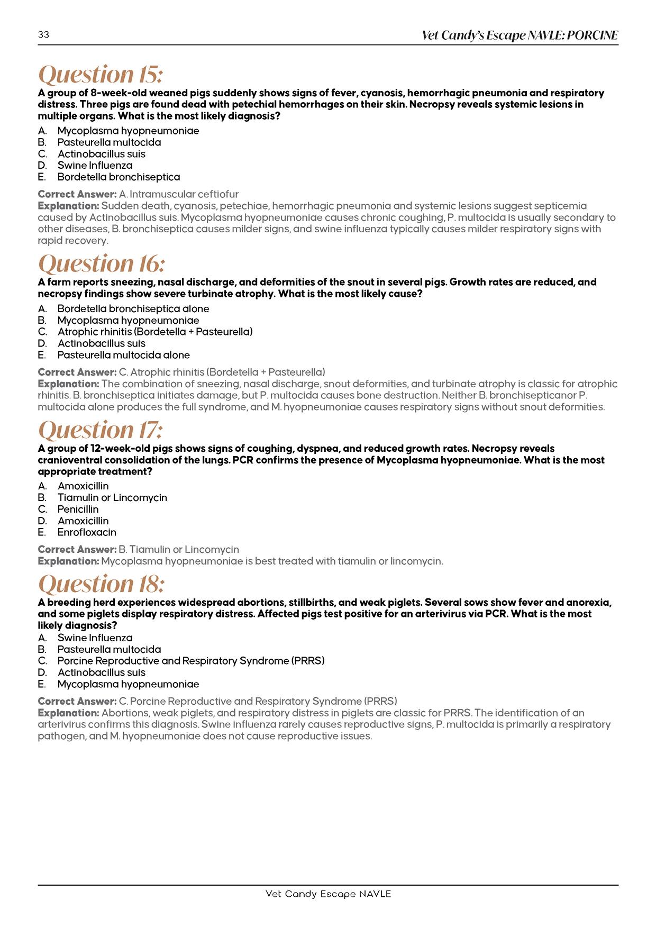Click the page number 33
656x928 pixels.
pyautogui.click(x=43, y=35)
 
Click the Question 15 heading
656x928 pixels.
pyautogui.click(x=101, y=74)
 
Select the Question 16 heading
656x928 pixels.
pyautogui.click(x=102, y=263)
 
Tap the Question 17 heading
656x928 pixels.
pyautogui.click(x=101, y=429)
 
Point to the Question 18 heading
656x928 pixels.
pyautogui.click(x=102, y=584)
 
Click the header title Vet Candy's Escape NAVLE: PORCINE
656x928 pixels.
pyautogui.click(x=520, y=35)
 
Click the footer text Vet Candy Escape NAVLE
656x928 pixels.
pyautogui.click(x=328, y=894)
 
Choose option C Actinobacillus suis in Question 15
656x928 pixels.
pyautogui.click(x=101, y=154)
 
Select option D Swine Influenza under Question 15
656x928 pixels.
pyautogui.click(x=95, y=166)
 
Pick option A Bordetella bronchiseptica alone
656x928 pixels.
pyautogui.click(x=133, y=308)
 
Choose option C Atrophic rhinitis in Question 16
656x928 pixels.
pyautogui.click(x=154, y=332)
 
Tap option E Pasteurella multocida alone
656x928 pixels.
pyautogui.click(x=123, y=355)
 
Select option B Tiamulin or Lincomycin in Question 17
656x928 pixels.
pyautogui.click(x=112, y=497)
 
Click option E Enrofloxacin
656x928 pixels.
pyautogui.click(x=87, y=532)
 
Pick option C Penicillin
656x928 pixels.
pyautogui.click(x=78, y=509)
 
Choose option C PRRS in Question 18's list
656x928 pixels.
pyautogui.click(x=190, y=661)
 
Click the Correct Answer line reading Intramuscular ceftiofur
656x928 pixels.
pyautogui.click(x=138, y=194)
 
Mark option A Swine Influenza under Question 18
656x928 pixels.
pyautogui.click(x=95, y=638)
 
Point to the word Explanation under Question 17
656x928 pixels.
pyautogui.click(x=68, y=561)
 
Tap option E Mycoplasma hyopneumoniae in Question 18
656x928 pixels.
pyautogui.click(x=128, y=684)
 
